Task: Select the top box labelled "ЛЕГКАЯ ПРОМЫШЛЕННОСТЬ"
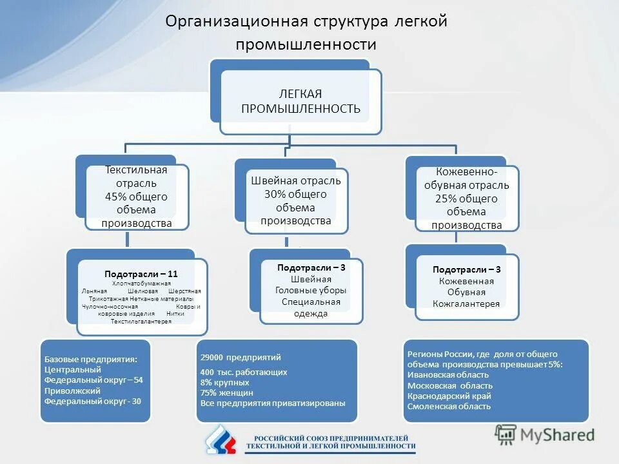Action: click(x=300, y=101)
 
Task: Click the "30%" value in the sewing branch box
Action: click(x=275, y=194)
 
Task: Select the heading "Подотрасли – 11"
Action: click(x=141, y=274)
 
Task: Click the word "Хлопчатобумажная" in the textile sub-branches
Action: click(x=141, y=283)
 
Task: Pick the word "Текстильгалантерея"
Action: click(x=141, y=321)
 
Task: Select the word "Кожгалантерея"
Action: click(x=466, y=304)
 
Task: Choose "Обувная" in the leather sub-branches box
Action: click(x=466, y=292)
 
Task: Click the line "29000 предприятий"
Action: click(x=241, y=357)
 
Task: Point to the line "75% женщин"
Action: click(x=226, y=392)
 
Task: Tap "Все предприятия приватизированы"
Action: click(x=273, y=403)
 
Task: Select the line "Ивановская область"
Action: click(x=447, y=374)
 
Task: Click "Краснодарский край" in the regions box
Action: click(x=449, y=396)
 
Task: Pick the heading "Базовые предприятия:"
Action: click(x=90, y=359)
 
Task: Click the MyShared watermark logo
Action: click(x=545, y=434)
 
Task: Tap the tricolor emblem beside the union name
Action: click(x=222, y=440)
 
